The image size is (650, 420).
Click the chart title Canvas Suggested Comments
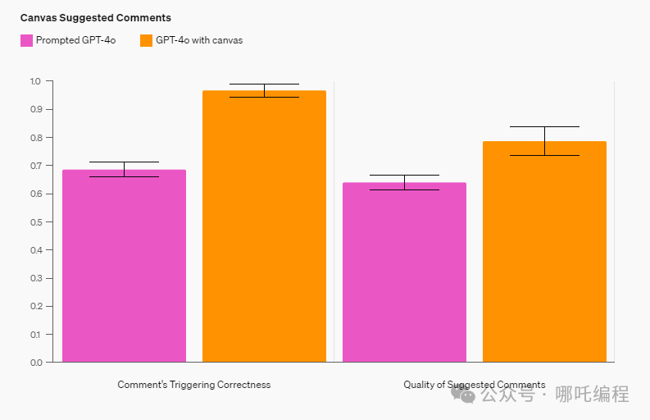tap(95, 17)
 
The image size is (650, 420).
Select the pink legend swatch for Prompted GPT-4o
tap(26, 40)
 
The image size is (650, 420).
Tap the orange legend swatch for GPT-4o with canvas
tap(147, 40)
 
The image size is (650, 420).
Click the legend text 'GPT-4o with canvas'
tap(199, 40)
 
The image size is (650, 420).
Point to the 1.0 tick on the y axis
tap(35, 81)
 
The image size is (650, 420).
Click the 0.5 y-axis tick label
tap(35, 221)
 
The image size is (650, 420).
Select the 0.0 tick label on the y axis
tap(35, 362)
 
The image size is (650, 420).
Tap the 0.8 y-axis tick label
tap(35, 137)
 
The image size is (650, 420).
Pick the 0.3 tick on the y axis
tap(35, 278)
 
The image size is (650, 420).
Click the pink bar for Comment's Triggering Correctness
tap(124, 266)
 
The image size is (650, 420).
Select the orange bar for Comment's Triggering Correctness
tap(264, 226)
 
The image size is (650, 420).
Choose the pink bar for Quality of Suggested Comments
tap(404, 272)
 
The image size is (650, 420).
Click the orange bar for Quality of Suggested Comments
tap(544, 252)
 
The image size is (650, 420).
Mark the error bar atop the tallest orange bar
tap(264, 90)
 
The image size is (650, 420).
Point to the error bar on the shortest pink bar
tap(404, 182)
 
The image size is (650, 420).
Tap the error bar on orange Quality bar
tap(544, 140)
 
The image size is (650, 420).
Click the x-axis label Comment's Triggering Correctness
tap(193, 385)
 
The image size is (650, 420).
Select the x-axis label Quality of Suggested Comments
tap(474, 385)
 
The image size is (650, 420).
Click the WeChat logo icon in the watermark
tap(466, 395)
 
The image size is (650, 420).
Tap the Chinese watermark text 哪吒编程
tap(592, 394)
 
